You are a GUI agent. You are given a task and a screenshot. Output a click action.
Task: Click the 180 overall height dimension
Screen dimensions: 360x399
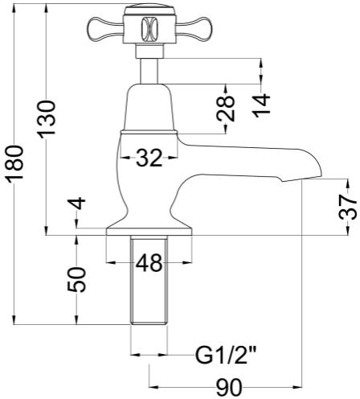[15, 164]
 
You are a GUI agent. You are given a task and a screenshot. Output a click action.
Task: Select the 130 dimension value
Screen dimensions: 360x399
[47, 119]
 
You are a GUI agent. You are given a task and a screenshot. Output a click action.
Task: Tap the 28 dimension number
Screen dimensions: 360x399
[226, 109]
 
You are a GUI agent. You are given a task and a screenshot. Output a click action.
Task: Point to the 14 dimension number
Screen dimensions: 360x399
[261, 105]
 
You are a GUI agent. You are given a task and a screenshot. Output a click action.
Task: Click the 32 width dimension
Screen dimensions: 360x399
[149, 158]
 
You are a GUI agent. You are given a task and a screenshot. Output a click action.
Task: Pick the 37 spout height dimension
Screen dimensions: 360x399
[349, 207]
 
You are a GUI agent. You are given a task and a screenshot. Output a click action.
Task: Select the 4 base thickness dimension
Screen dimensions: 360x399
[77, 204]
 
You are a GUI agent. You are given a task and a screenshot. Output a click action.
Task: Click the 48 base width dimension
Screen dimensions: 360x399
[149, 262]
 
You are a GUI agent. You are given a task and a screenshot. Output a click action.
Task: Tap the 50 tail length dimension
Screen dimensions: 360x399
[77, 279]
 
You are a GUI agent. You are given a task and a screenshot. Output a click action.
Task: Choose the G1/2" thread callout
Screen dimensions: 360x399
[224, 355]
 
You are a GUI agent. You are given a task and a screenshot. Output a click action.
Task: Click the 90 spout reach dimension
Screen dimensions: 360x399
[229, 387]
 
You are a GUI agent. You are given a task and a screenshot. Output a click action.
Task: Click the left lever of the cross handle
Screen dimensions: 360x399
[105, 28]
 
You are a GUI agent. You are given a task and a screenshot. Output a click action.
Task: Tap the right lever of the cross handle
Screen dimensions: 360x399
[194, 28]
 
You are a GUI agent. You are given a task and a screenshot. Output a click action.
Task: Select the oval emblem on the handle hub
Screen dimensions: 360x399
[149, 28]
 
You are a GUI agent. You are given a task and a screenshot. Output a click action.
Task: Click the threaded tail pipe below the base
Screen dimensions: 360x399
[149, 280]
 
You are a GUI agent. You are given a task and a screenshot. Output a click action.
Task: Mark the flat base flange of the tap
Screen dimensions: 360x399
[149, 232]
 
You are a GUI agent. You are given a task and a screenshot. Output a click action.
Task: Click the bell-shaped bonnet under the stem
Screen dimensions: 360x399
[149, 108]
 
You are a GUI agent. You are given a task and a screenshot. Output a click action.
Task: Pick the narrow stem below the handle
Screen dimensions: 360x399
[149, 71]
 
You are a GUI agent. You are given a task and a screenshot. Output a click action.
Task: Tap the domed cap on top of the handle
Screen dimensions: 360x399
[149, 10]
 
